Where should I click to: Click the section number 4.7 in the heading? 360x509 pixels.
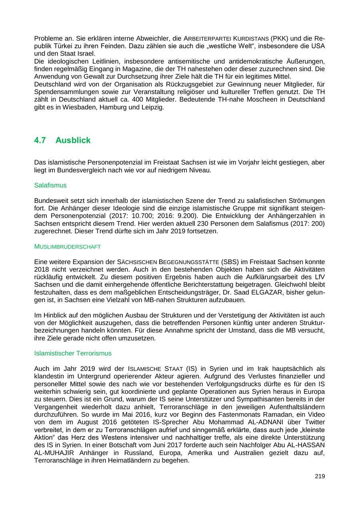click(40, 140)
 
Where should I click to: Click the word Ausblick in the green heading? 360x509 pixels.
click(73, 140)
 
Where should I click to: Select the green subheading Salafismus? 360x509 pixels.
click(50, 185)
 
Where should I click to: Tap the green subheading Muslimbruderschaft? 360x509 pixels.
click(68, 246)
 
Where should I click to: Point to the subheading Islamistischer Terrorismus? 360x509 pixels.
click(73, 353)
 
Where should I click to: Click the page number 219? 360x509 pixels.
click(320, 476)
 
